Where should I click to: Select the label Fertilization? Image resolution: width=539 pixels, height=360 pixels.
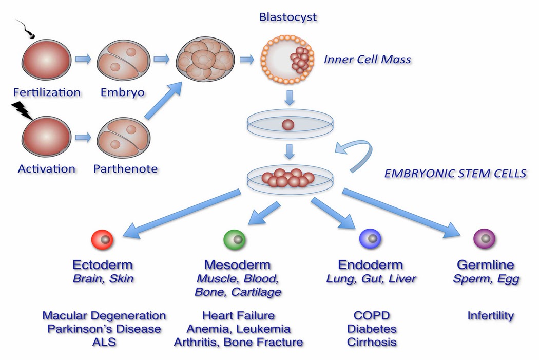click(x=47, y=92)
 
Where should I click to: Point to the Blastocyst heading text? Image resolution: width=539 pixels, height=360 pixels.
click(x=288, y=17)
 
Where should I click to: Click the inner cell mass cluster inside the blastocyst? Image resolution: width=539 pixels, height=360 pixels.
click(x=298, y=60)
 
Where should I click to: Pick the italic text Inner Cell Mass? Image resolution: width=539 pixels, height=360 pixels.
click(x=367, y=60)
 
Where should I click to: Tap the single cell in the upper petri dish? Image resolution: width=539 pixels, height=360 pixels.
click(x=288, y=125)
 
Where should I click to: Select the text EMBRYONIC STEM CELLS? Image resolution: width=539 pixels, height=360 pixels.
click(x=455, y=173)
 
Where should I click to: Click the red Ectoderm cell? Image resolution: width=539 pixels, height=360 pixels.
click(x=102, y=239)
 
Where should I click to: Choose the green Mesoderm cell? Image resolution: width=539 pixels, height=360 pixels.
click(x=235, y=239)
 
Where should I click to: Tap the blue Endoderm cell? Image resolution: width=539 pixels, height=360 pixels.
click(x=370, y=239)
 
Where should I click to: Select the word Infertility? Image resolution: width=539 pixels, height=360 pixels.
click(x=490, y=315)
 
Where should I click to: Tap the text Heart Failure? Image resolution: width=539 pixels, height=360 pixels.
click(x=238, y=315)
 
